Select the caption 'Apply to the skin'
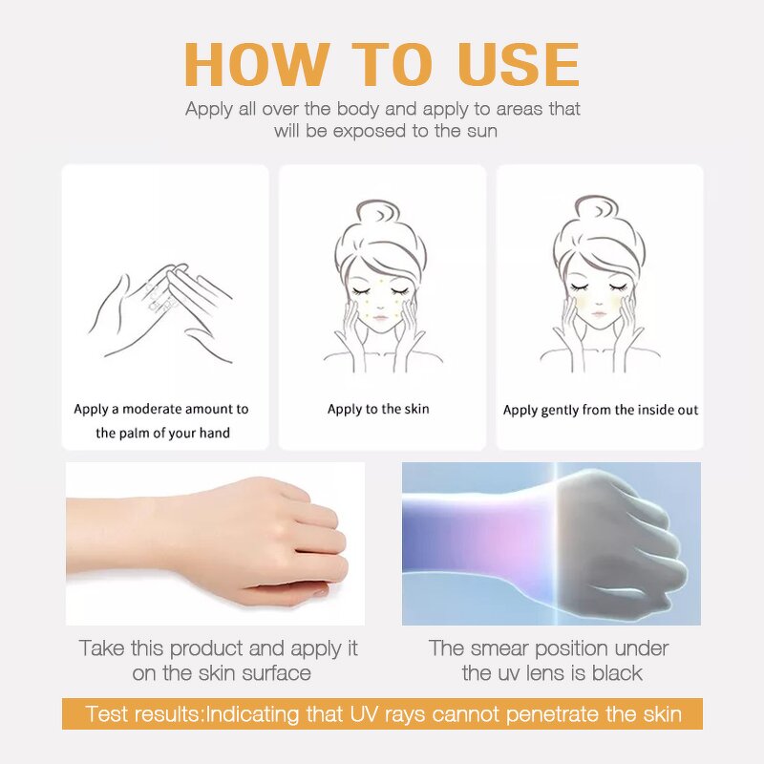pos(378,409)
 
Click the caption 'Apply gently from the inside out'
pos(601,410)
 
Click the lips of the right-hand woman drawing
pos(595,321)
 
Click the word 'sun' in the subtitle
pos(481,131)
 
